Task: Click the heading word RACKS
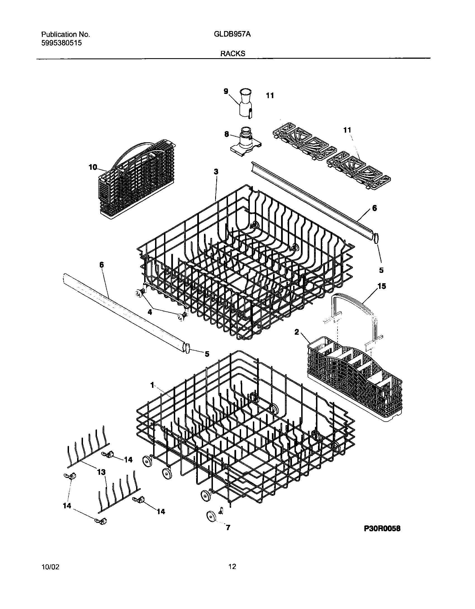pyautogui.click(x=233, y=54)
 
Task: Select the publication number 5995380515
pyautogui.click(x=61, y=43)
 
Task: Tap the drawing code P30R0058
pyautogui.click(x=382, y=528)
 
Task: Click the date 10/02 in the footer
pyautogui.click(x=50, y=567)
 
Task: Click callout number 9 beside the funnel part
pyautogui.click(x=226, y=91)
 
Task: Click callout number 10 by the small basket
pyautogui.click(x=92, y=167)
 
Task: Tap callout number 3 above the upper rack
pyautogui.click(x=216, y=172)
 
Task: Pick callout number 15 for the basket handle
pyautogui.click(x=381, y=286)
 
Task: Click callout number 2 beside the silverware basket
pyautogui.click(x=297, y=332)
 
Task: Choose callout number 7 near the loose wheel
pyautogui.click(x=228, y=528)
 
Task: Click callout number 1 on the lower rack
pyautogui.click(x=152, y=385)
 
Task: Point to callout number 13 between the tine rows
pyautogui.click(x=101, y=472)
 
